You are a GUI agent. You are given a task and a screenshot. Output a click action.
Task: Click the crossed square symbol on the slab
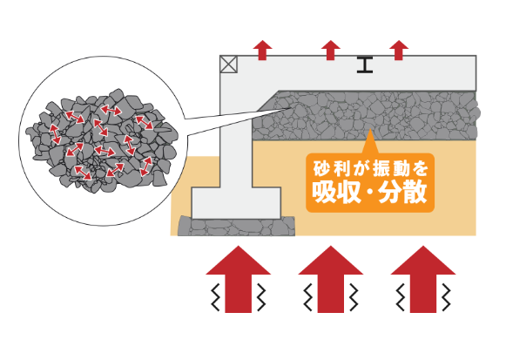(229, 65)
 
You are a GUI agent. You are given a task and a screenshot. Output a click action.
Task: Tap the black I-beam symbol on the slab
(365, 65)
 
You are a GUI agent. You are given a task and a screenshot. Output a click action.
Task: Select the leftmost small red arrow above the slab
(263, 50)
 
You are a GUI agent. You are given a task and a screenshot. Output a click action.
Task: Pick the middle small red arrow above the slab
(331, 50)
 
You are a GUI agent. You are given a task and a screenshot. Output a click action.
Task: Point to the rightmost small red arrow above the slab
(399, 50)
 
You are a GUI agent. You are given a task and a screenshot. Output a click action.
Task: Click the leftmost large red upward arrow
(238, 279)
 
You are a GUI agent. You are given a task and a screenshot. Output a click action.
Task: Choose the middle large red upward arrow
(330, 279)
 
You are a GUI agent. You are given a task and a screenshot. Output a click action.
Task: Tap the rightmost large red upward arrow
(423, 279)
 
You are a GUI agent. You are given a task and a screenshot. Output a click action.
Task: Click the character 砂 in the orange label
(321, 168)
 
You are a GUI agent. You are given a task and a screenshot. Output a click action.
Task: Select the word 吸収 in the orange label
(336, 193)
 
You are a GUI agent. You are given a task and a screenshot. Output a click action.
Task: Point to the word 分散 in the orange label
(403, 193)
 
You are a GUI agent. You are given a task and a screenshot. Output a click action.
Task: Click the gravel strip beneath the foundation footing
(237, 226)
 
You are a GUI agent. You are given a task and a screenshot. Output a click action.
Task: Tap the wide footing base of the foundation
(236, 203)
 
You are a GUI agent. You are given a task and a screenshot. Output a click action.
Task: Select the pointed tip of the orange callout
(370, 130)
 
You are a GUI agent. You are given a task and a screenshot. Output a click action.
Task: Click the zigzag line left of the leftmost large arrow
(215, 297)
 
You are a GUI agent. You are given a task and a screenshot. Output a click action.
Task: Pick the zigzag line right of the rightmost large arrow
(446, 297)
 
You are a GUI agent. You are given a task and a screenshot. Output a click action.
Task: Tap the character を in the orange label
(420, 168)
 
